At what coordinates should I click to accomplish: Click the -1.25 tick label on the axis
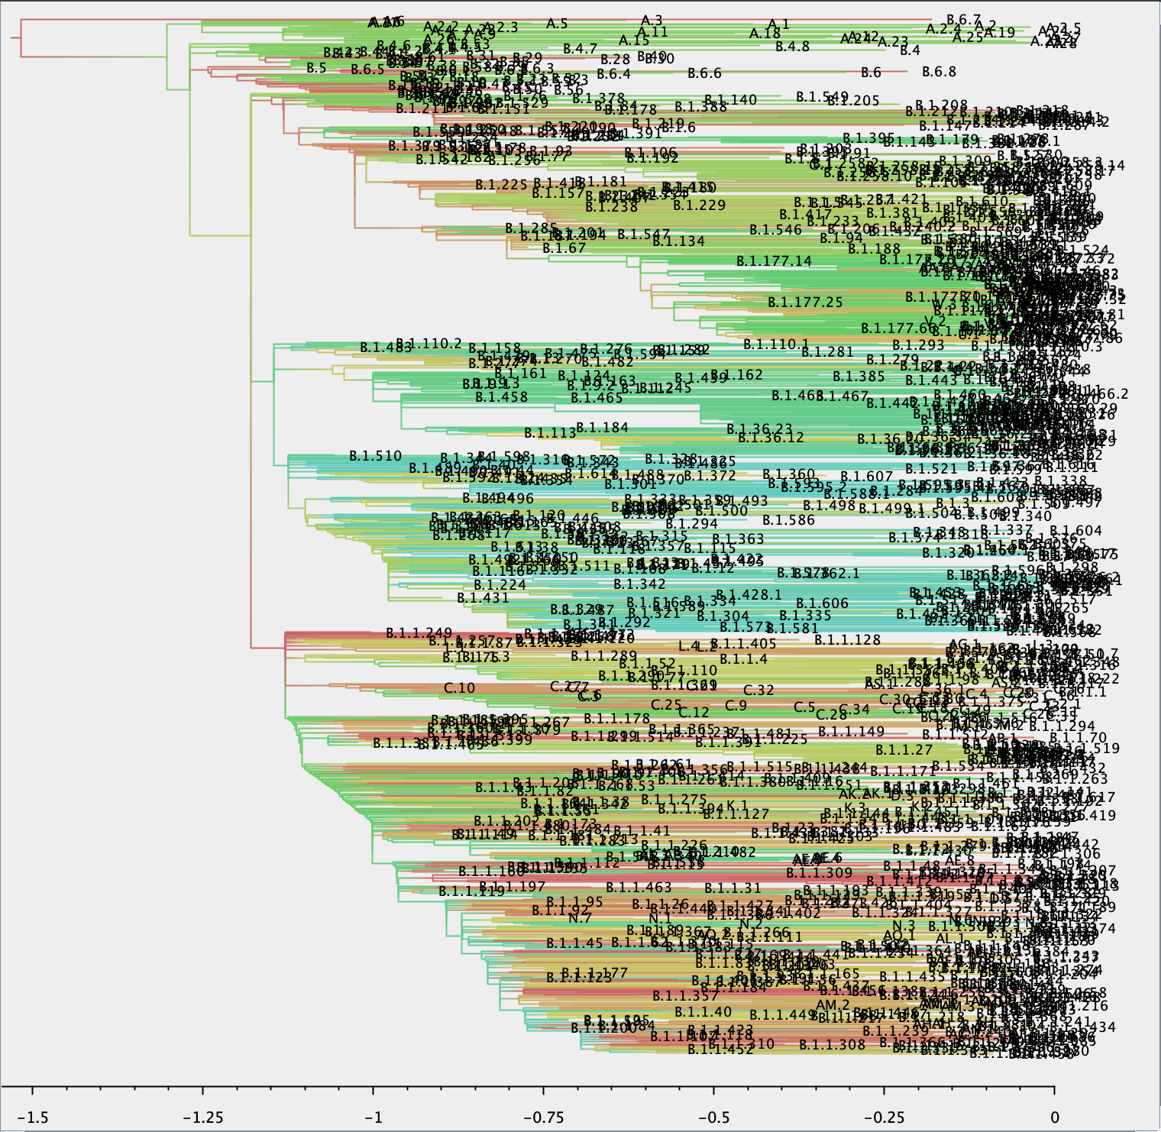click(x=203, y=1117)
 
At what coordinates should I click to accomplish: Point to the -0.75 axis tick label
click(x=544, y=1117)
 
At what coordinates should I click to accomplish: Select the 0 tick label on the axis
click(x=1055, y=1117)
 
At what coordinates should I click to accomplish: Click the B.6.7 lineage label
click(x=963, y=19)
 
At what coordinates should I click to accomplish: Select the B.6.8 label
click(x=939, y=72)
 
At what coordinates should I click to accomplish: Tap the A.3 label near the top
click(x=652, y=20)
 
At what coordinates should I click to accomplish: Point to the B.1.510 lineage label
click(x=375, y=456)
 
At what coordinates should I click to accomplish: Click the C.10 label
click(x=459, y=688)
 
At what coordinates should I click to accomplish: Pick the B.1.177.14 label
click(x=774, y=261)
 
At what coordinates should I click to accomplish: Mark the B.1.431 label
click(x=483, y=597)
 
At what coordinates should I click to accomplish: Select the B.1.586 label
click(x=789, y=520)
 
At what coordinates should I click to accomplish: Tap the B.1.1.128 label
click(x=847, y=639)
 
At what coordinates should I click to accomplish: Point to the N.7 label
click(x=580, y=918)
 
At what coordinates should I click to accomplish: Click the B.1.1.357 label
click(x=685, y=996)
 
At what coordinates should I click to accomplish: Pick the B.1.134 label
click(x=678, y=241)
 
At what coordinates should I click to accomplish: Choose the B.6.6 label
click(x=704, y=73)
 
